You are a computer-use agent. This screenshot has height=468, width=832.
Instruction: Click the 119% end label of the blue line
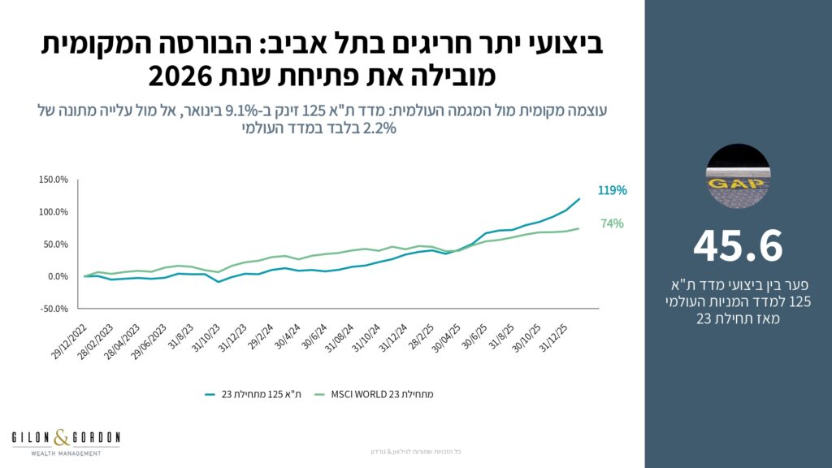612,191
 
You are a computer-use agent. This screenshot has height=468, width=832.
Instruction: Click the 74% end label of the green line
612,223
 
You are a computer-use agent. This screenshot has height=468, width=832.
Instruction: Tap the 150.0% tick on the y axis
53,180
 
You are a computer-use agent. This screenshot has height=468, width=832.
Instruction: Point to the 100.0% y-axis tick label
53,212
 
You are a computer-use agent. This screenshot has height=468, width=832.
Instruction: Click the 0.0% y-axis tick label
56,276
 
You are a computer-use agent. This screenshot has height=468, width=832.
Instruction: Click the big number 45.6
738,246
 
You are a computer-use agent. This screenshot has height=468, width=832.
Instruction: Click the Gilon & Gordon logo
66,438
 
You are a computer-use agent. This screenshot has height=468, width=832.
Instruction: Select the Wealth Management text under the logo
66,453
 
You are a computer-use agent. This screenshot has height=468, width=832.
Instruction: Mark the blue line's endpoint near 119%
579,199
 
